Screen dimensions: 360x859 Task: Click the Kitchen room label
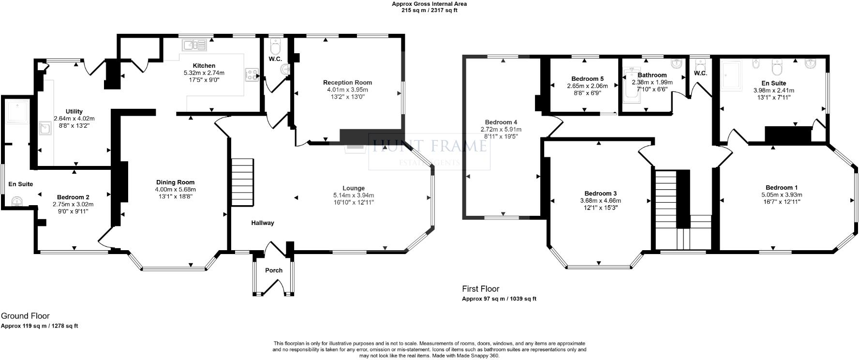point(204,66)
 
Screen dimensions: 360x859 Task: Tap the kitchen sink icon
point(194,45)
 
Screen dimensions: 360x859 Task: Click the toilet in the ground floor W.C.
point(276,47)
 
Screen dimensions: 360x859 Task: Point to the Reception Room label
point(347,83)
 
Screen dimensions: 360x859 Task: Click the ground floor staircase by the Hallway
point(242,181)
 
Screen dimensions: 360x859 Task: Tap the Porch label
point(274,270)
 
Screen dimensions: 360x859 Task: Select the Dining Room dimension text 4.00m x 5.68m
point(176,189)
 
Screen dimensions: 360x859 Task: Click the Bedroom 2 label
point(73,197)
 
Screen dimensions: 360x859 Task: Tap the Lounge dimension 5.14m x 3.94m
point(354,195)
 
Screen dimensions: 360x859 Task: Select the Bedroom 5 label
point(587,79)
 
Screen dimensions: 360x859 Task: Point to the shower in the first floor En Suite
point(731,76)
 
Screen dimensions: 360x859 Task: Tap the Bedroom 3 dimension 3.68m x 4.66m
point(600,201)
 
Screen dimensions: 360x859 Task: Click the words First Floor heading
point(480,289)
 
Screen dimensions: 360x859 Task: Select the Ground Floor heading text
point(25,316)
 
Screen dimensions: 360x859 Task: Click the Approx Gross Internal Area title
point(429,4)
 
